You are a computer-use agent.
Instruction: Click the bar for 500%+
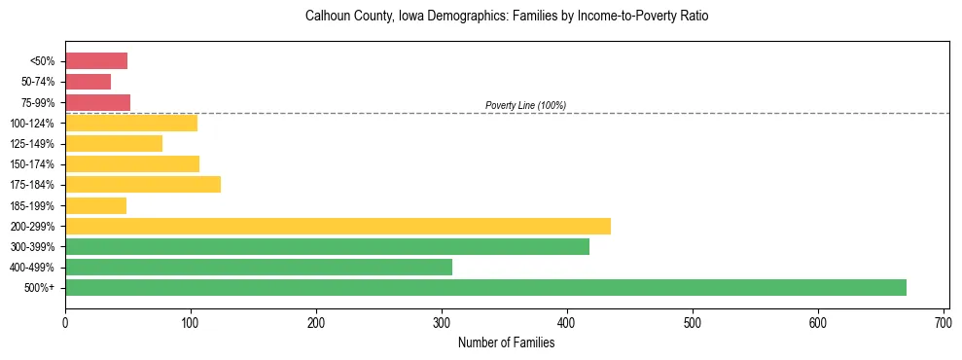pyautogui.click(x=485, y=287)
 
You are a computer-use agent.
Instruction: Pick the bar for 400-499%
pyautogui.click(x=259, y=267)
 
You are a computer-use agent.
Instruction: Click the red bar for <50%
pyautogui.click(x=96, y=61)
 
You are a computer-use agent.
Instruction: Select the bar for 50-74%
pyautogui.click(x=88, y=82)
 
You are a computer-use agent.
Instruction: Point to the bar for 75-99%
pyautogui.click(x=97, y=102)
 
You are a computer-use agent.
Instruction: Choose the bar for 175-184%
pyautogui.click(x=143, y=184)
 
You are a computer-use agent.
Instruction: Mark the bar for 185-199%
pyautogui.click(x=95, y=205)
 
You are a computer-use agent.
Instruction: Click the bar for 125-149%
pyautogui.click(x=114, y=143)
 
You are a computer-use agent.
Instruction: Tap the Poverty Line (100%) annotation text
pyautogui.click(x=525, y=105)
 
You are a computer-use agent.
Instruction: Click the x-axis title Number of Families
pyautogui.click(x=505, y=342)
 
